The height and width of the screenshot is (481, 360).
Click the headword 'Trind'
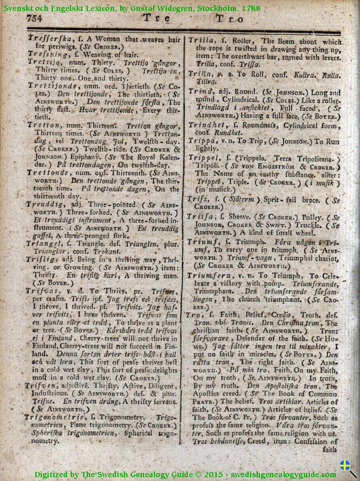[200, 92]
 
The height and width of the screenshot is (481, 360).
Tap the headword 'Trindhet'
[205, 126]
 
